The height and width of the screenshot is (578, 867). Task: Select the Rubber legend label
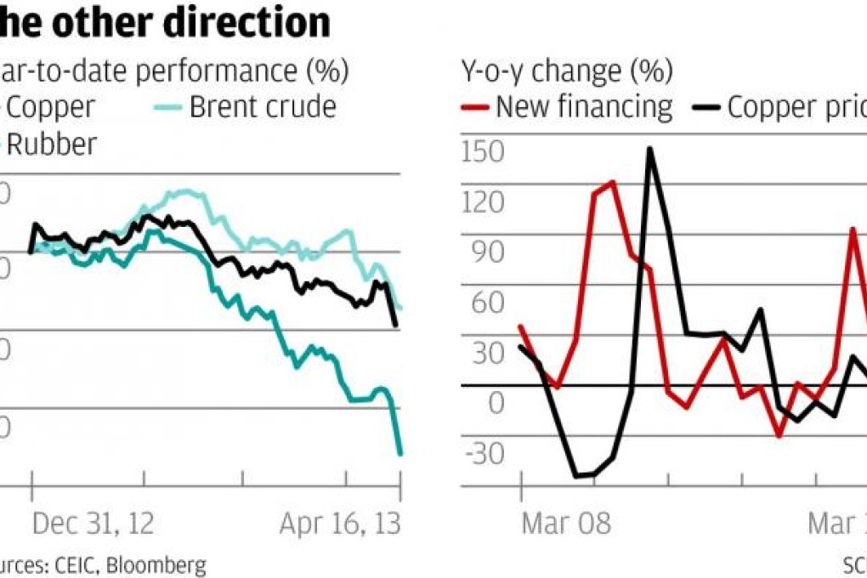click(x=51, y=144)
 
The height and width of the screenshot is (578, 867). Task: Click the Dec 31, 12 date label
click(x=93, y=524)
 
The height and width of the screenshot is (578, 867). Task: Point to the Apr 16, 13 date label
click(x=340, y=524)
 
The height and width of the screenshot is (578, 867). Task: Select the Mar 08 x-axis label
click(x=565, y=524)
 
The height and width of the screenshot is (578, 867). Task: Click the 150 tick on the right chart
click(x=482, y=150)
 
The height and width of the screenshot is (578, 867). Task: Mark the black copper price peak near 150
click(x=649, y=149)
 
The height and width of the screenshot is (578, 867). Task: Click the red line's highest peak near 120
click(x=612, y=182)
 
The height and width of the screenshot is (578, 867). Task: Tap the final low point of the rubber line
click(x=399, y=454)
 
